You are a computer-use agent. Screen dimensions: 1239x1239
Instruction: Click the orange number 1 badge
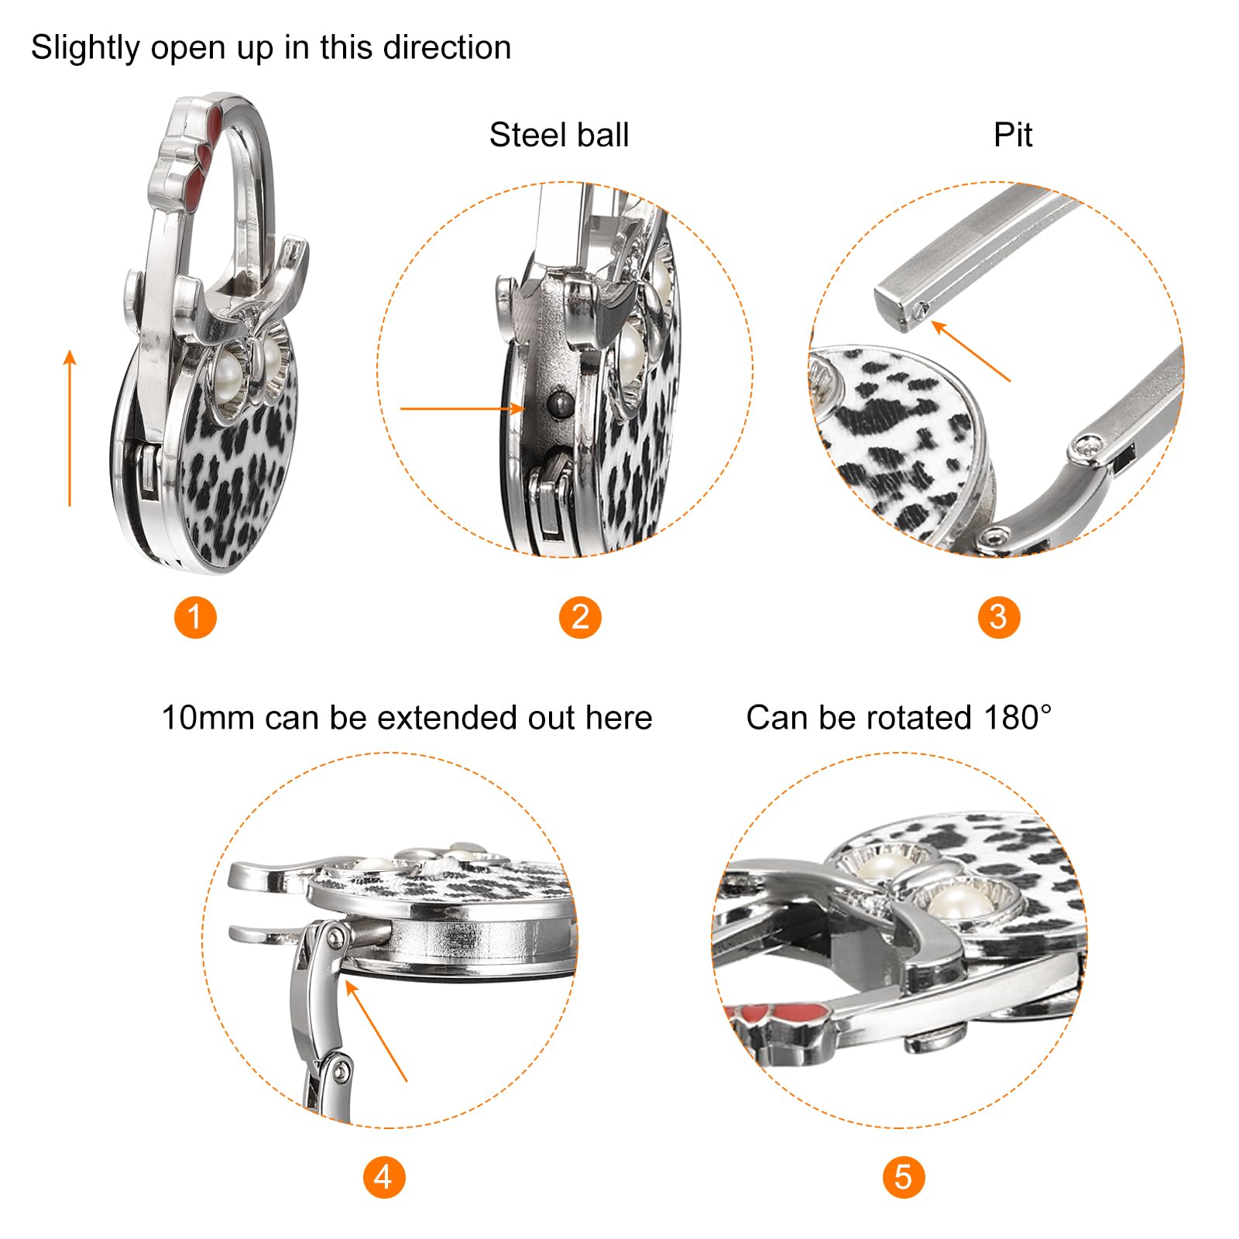pyautogui.click(x=195, y=617)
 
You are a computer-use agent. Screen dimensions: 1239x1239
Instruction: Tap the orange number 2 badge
pyautogui.click(x=580, y=617)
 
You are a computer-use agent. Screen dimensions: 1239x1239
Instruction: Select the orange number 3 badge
pyautogui.click(x=999, y=617)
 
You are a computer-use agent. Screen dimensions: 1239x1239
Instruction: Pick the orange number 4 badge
pyautogui.click(x=384, y=1177)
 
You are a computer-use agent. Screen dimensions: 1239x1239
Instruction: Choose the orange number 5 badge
pyautogui.click(x=904, y=1177)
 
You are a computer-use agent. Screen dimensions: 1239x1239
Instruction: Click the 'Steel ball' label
pyautogui.click(x=559, y=135)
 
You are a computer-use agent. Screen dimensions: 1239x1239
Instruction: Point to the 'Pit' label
pyautogui.click(x=1013, y=135)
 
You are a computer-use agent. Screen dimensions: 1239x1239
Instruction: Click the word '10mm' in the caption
pyautogui.click(x=207, y=718)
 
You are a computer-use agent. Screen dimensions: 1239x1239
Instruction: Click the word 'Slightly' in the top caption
pyautogui.click(x=85, y=48)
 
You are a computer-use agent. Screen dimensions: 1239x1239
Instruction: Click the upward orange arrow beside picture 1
pyautogui.click(x=70, y=428)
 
